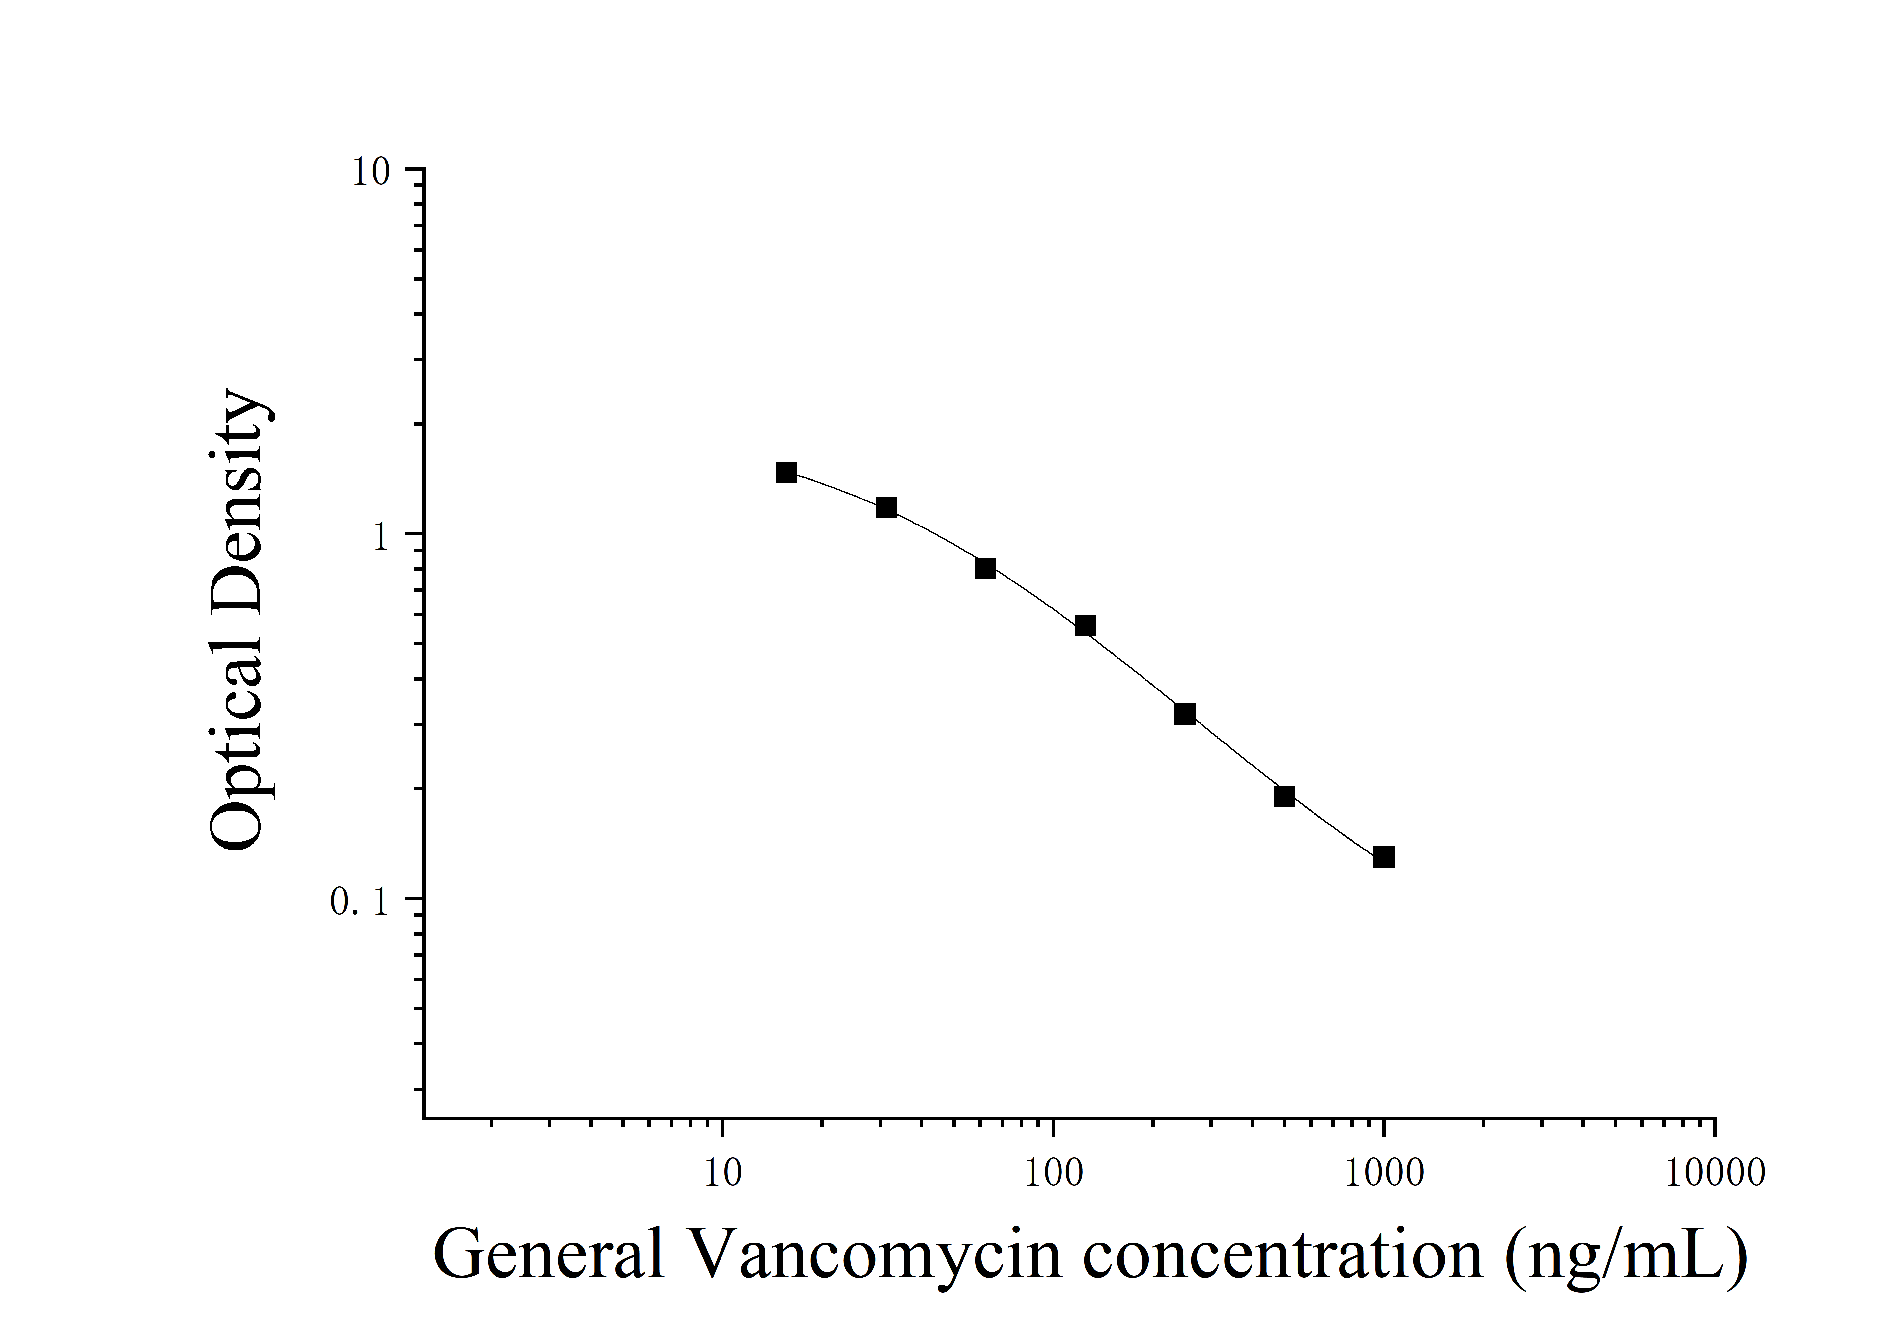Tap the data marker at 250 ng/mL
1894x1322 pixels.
pyautogui.click(x=1185, y=714)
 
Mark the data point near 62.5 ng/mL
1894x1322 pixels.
pyautogui.click(x=986, y=568)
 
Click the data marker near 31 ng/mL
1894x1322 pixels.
pyautogui.click(x=886, y=507)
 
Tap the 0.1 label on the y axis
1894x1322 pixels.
pyautogui.click(x=359, y=903)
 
